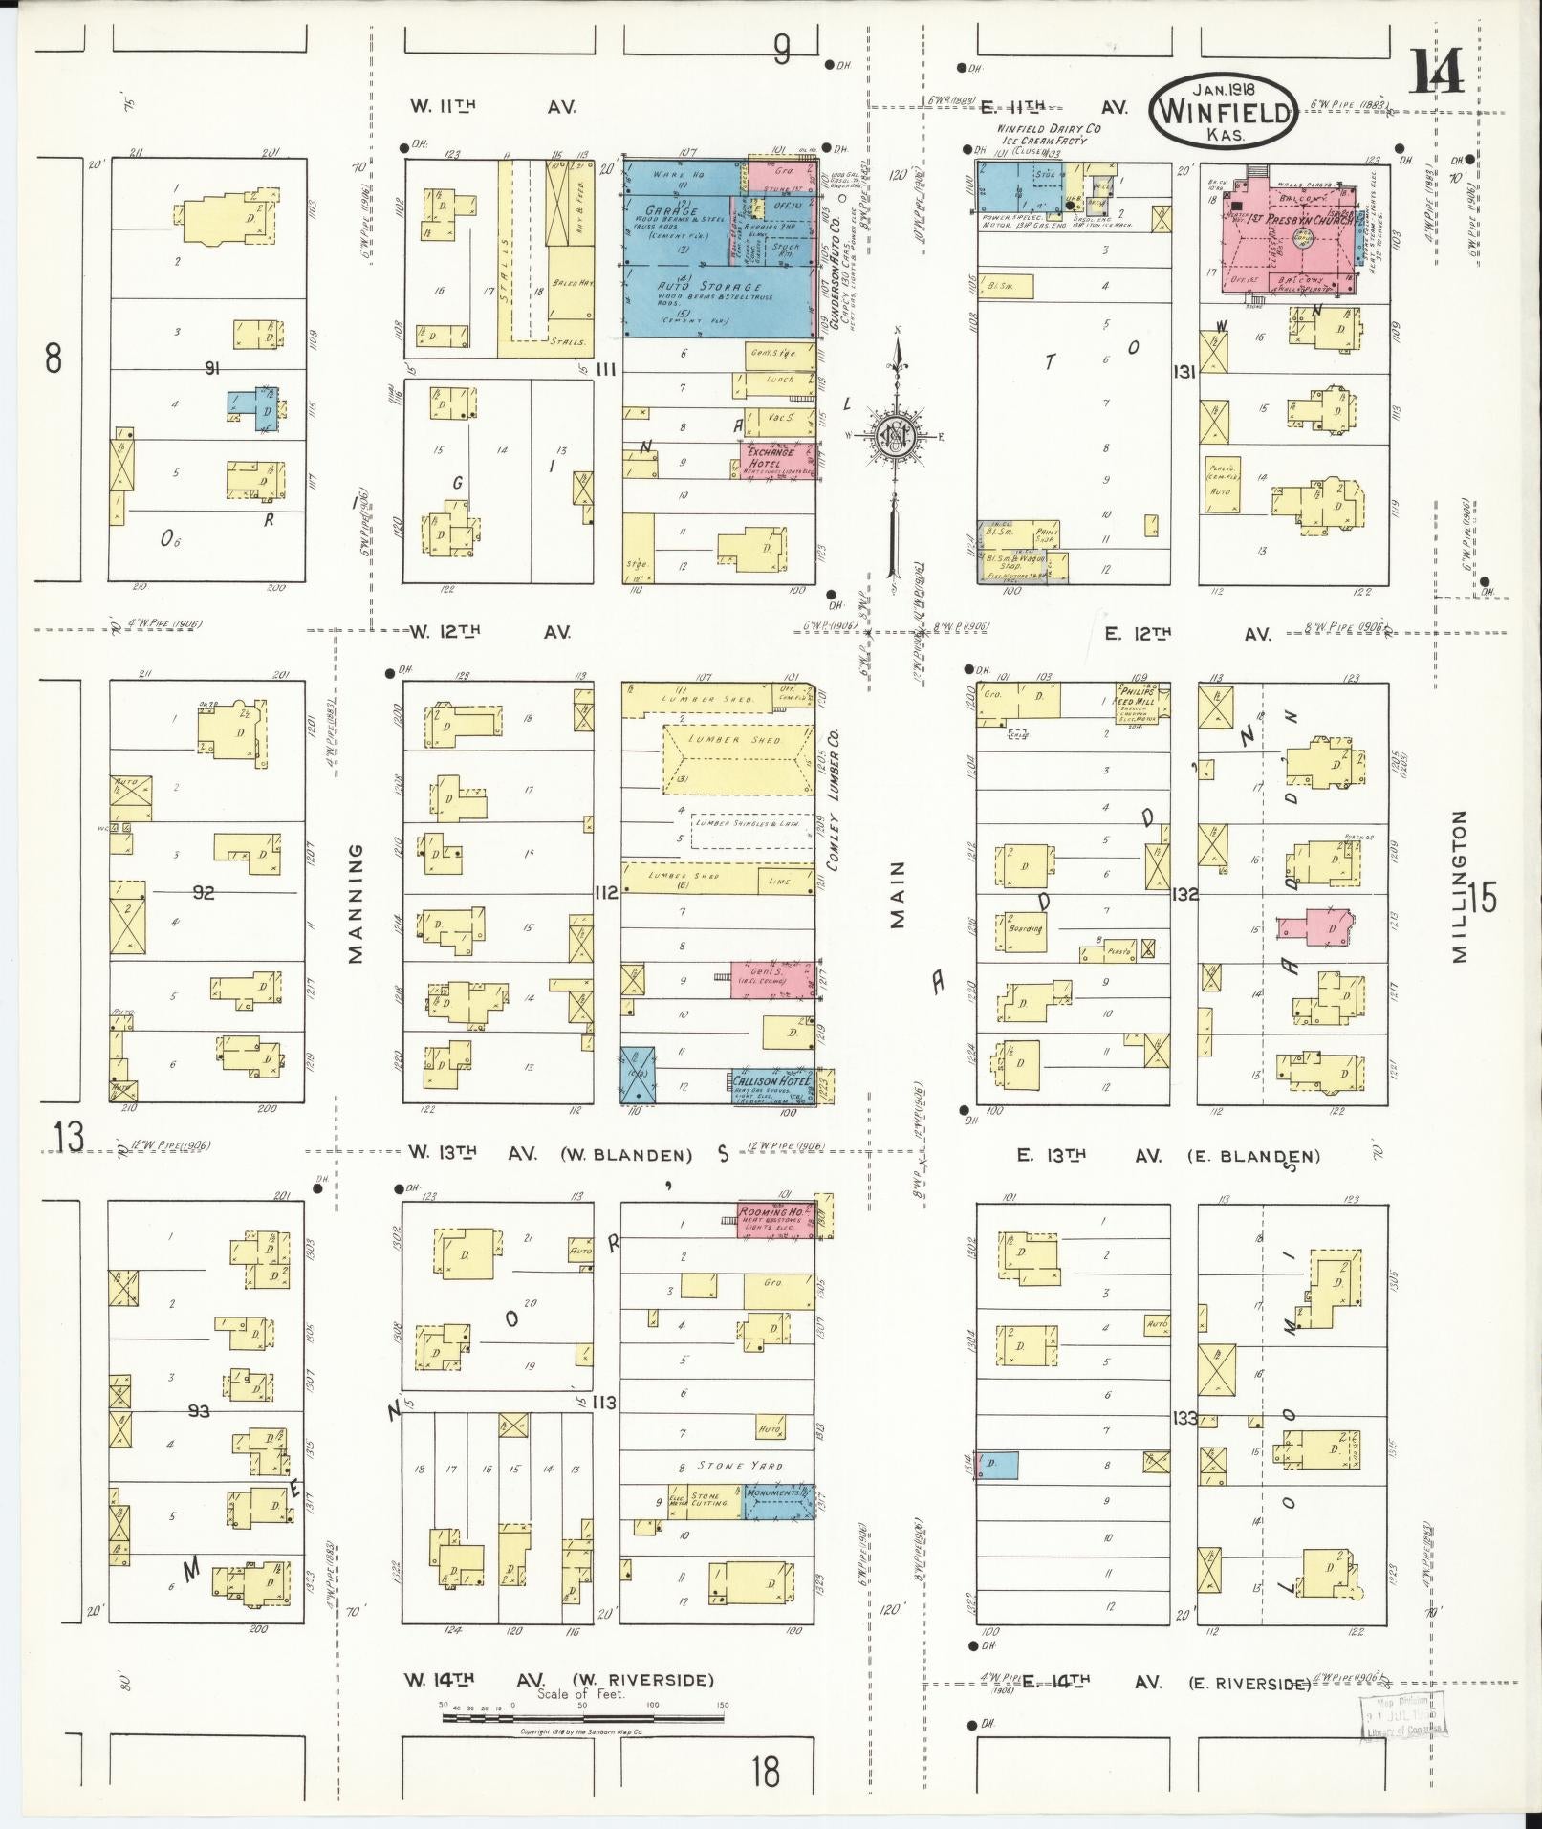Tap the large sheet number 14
click(x=1437, y=72)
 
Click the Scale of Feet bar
click(x=583, y=1048)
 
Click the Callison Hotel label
click(x=770, y=1080)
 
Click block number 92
click(x=204, y=893)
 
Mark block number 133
click(x=1185, y=1418)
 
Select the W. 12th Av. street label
click(x=491, y=632)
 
